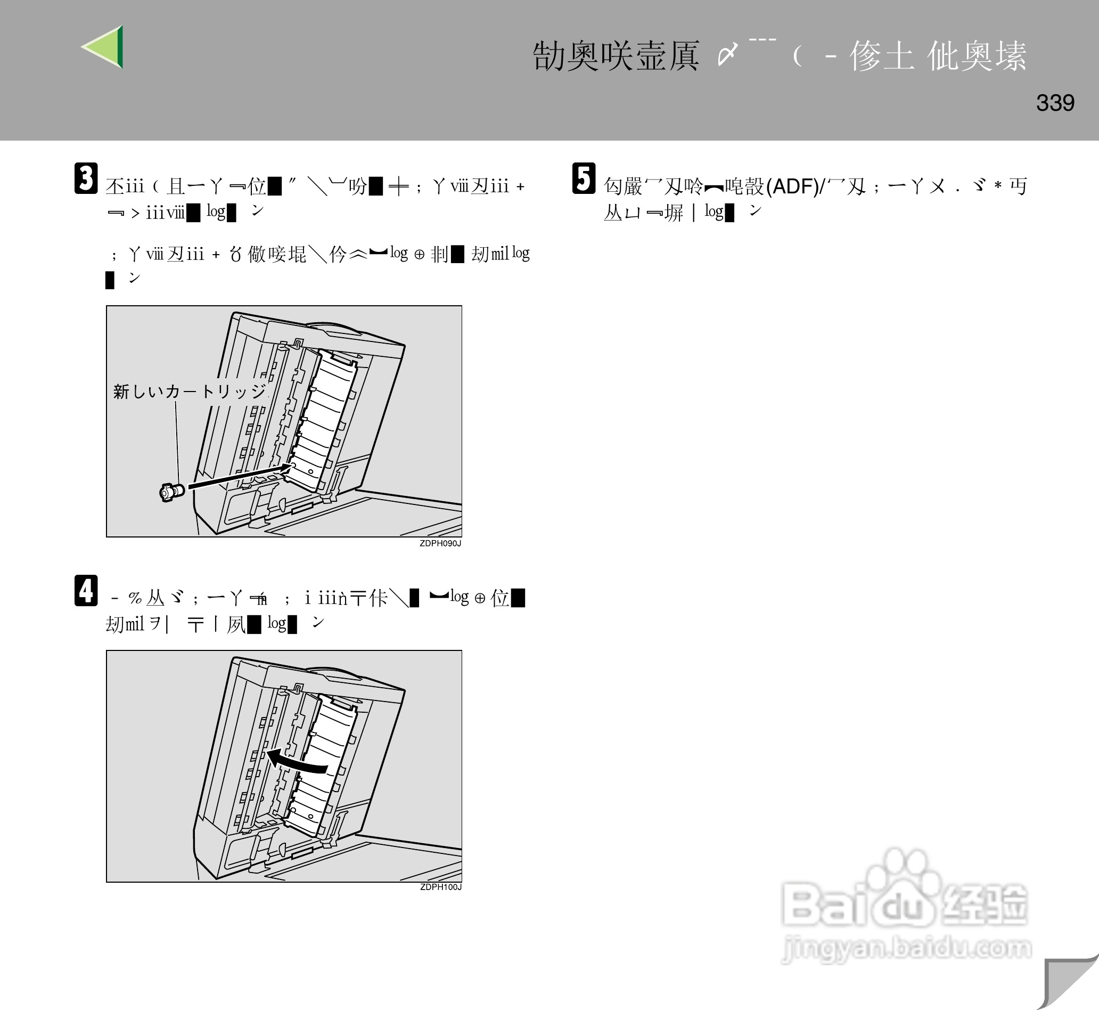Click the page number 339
(1055, 103)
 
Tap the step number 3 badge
(86, 178)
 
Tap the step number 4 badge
(86, 591)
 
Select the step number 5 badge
(584, 178)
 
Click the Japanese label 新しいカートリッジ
(189, 392)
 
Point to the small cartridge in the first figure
(171, 492)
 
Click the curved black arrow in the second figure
(298, 762)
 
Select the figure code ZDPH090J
(440, 543)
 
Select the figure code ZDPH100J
(440, 887)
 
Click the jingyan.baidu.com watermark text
(907, 947)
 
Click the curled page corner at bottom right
(1068, 984)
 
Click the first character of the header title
(548, 56)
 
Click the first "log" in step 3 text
(216, 211)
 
